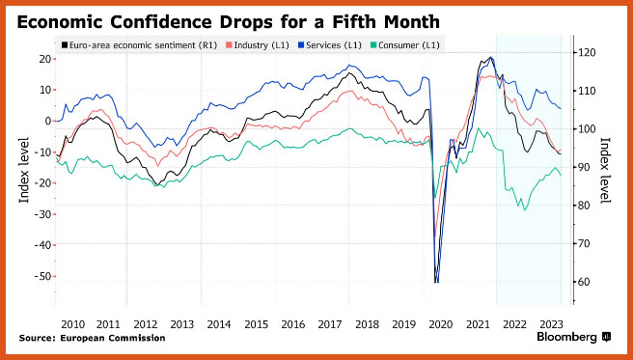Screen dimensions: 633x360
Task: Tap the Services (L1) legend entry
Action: tap(329, 45)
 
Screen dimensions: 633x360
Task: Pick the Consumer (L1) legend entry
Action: tap(404, 45)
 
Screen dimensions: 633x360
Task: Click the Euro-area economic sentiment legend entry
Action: tap(139, 45)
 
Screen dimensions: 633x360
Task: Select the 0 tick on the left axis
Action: tap(47, 121)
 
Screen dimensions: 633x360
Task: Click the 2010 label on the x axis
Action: tap(73, 324)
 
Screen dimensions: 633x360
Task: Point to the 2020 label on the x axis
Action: tap(440, 324)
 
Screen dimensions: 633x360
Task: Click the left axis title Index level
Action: tap(24, 170)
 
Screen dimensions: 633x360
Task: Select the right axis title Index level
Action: tap(606, 170)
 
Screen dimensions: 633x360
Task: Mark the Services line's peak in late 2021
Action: tap(490, 57)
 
